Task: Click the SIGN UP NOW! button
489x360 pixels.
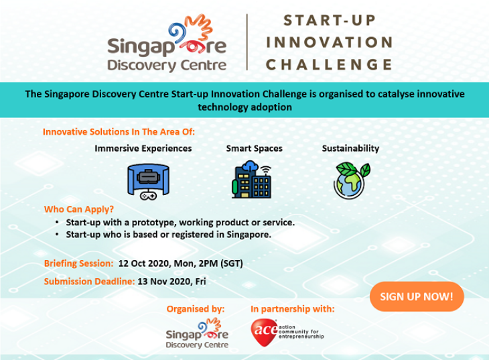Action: [x=417, y=296]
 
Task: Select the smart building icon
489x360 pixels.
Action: [x=251, y=179]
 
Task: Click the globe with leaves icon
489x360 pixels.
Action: [x=352, y=180]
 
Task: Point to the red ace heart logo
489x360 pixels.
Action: [x=264, y=333]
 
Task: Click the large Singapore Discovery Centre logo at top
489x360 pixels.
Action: [x=167, y=43]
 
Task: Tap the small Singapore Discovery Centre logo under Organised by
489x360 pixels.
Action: [x=197, y=333]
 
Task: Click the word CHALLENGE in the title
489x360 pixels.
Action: [x=329, y=64]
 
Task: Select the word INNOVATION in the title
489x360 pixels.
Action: [x=330, y=42]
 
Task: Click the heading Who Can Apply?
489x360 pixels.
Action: [x=79, y=209]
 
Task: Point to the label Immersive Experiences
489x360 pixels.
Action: [x=143, y=148]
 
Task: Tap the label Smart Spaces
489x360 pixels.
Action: [x=254, y=149]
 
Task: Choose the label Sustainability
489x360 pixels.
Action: [x=350, y=148]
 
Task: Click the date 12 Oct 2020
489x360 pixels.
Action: [x=143, y=263]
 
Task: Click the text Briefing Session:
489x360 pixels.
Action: [x=78, y=263]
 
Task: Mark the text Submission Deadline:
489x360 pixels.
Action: [x=90, y=282]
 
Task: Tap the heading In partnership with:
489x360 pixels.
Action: [x=292, y=309]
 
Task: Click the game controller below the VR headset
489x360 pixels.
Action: [x=148, y=196]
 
